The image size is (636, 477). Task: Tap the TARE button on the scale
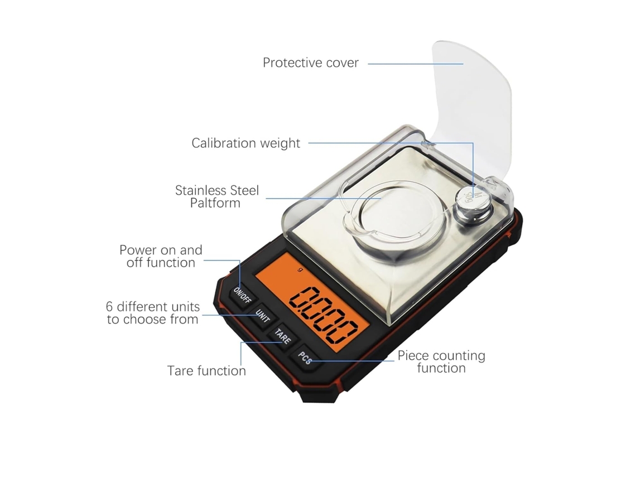[283, 336]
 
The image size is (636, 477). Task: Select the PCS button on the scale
[305, 358]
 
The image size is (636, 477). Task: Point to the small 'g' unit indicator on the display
[300, 269]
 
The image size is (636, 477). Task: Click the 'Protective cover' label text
[311, 63]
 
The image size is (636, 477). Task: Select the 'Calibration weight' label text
[246, 143]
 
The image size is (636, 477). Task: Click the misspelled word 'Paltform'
[215, 203]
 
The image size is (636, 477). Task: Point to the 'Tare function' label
[206, 371]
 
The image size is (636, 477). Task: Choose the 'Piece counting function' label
[441, 362]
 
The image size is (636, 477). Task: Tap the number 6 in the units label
[109, 307]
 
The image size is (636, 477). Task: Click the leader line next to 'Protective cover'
[415, 64]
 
